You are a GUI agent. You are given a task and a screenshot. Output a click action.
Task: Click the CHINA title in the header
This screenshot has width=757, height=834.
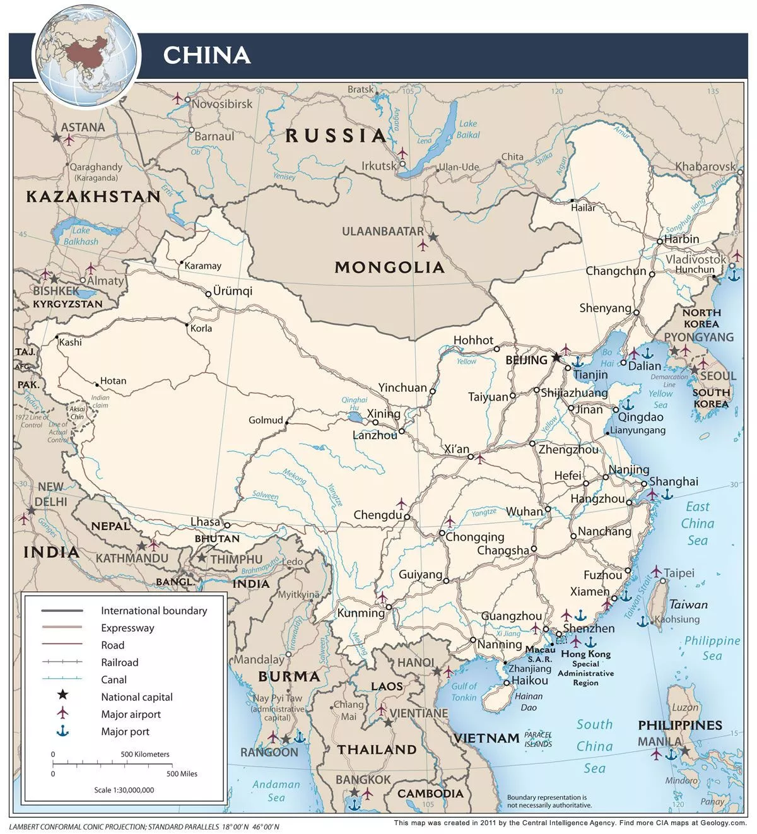pyautogui.click(x=207, y=55)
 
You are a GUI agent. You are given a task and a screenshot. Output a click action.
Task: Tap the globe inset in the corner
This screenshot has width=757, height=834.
pyautogui.click(x=86, y=56)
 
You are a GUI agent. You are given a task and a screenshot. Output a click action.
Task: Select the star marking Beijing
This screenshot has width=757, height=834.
pyautogui.click(x=556, y=358)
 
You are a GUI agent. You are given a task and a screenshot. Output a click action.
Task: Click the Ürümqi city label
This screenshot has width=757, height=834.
pyautogui.click(x=232, y=291)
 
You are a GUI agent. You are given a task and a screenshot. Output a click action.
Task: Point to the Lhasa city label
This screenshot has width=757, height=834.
pyautogui.click(x=206, y=522)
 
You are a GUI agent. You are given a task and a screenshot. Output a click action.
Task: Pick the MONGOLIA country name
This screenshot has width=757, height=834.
pyautogui.click(x=389, y=267)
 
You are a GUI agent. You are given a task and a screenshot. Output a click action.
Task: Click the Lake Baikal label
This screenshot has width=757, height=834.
pyautogui.click(x=468, y=129)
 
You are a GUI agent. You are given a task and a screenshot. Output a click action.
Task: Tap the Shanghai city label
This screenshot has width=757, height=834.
pyautogui.click(x=674, y=481)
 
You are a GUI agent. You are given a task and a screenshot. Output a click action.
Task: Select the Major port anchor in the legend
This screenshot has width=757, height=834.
pyautogui.click(x=62, y=731)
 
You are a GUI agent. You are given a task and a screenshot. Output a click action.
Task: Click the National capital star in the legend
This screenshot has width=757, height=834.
pyautogui.click(x=62, y=696)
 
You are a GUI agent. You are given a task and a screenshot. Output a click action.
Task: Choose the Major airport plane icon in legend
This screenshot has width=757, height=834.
pyautogui.click(x=62, y=714)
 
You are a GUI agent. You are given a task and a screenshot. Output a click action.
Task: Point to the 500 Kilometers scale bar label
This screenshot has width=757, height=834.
pyautogui.click(x=145, y=754)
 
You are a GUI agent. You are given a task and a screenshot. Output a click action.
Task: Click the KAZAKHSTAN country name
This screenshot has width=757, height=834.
pyautogui.click(x=93, y=196)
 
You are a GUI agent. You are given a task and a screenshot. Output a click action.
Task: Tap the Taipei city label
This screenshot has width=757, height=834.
pyautogui.click(x=679, y=573)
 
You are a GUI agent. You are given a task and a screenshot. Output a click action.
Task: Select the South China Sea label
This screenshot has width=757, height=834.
pyautogui.click(x=594, y=746)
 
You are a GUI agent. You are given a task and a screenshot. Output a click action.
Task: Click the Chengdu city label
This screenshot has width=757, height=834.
pyautogui.click(x=377, y=515)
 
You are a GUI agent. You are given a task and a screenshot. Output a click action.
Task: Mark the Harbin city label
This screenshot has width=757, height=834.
pyautogui.click(x=681, y=239)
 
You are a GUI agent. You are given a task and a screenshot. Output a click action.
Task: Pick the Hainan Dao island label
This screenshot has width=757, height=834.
pyautogui.click(x=528, y=702)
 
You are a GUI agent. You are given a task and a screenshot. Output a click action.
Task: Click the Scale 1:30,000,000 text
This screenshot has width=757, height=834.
pyautogui.click(x=124, y=790)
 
